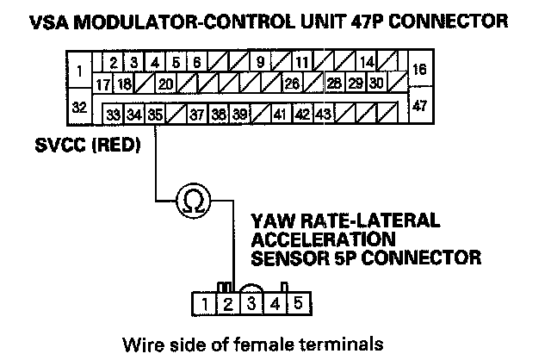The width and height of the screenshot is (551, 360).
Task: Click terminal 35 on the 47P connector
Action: click(x=155, y=115)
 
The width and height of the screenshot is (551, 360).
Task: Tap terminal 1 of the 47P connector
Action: click(x=79, y=70)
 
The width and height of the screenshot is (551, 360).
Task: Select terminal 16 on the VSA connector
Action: click(x=420, y=69)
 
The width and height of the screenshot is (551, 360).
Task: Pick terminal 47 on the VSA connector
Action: click(x=420, y=105)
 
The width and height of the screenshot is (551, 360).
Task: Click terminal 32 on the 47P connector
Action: click(x=79, y=107)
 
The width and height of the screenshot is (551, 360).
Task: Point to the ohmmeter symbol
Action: click(x=194, y=201)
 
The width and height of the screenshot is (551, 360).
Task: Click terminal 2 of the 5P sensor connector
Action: click(x=228, y=304)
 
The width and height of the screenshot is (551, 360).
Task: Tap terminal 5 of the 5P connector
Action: click(x=299, y=303)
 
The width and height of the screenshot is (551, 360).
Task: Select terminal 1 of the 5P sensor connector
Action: click(x=204, y=304)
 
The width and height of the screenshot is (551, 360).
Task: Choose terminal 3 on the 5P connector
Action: click(x=251, y=304)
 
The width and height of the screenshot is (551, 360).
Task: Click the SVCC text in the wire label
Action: click(x=60, y=145)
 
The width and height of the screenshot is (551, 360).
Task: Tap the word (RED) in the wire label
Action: click(x=116, y=145)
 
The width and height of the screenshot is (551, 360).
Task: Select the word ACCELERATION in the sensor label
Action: click(x=324, y=239)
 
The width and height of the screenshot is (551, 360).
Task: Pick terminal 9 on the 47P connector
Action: click(x=260, y=62)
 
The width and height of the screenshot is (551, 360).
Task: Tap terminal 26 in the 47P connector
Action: click(x=292, y=84)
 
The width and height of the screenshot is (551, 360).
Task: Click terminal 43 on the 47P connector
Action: click(x=324, y=115)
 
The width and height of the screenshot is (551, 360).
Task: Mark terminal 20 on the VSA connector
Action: click(x=166, y=84)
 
